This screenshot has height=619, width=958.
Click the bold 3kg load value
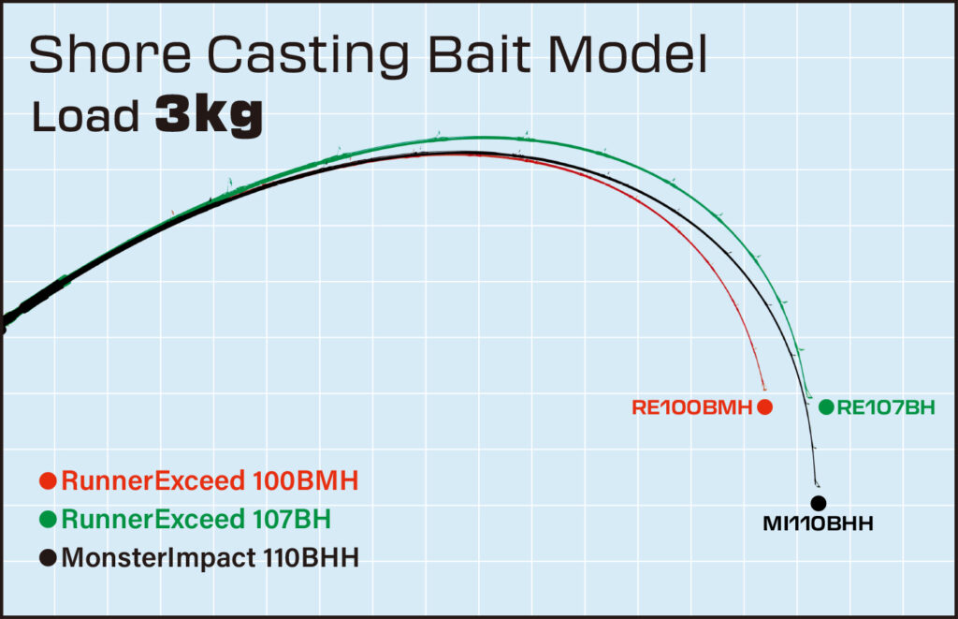(x=208, y=118)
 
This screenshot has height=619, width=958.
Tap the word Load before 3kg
(x=87, y=118)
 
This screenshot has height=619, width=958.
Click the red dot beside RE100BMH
(x=764, y=406)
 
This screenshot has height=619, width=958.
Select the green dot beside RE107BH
(x=826, y=406)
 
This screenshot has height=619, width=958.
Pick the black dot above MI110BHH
(x=819, y=504)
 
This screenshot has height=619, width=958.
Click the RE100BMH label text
(x=692, y=407)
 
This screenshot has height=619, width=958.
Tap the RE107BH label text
(x=884, y=407)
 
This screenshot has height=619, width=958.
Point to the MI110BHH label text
(x=818, y=523)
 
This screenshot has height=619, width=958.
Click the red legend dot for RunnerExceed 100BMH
(x=49, y=481)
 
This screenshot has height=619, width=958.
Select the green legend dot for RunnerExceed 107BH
(x=49, y=519)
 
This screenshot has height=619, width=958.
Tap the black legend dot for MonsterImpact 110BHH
(x=49, y=558)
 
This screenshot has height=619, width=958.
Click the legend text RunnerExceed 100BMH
(x=210, y=481)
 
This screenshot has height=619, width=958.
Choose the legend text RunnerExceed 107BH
(x=196, y=519)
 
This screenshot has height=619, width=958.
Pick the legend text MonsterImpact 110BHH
(x=210, y=558)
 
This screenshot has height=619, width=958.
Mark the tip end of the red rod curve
(x=764, y=389)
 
